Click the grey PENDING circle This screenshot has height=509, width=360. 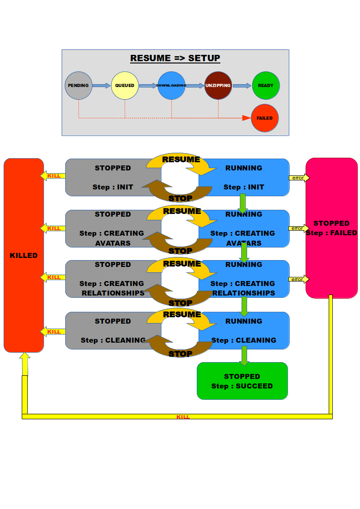point(78,85)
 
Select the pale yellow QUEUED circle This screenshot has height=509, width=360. point(125,85)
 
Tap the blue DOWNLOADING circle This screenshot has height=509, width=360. point(171,85)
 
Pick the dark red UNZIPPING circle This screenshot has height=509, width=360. point(218,85)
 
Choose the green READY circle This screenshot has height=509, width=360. point(266,85)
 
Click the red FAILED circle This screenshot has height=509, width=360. point(265,118)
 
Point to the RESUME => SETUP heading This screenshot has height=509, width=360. point(175,58)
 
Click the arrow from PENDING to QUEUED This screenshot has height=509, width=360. point(102,85)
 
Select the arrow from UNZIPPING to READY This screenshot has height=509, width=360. point(242,85)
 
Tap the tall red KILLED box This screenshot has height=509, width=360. point(24,255)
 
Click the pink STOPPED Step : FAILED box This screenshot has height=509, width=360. point(331,228)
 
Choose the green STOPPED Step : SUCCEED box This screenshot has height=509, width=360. point(242,381)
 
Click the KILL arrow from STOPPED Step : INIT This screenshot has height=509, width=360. point(53,176)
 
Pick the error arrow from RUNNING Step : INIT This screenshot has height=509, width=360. point(299,178)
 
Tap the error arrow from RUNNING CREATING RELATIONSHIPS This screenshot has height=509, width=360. point(299,279)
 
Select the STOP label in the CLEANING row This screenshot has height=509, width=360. point(180,354)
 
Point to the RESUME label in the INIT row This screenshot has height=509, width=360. point(181,160)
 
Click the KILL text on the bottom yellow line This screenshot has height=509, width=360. point(183,417)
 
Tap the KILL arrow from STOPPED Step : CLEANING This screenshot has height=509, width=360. point(53,332)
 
